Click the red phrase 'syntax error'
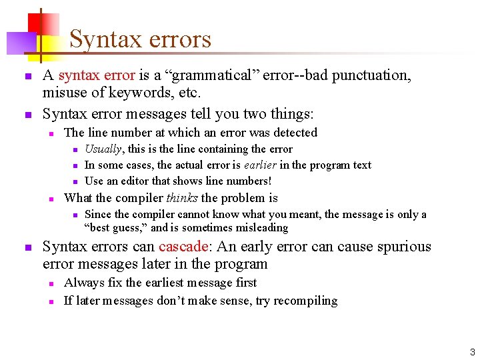click(x=97, y=75)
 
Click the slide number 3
click(x=472, y=351)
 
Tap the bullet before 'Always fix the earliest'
click(x=51, y=283)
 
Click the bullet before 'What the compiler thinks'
click(x=51, y=199)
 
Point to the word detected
click(x=294, y=133)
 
